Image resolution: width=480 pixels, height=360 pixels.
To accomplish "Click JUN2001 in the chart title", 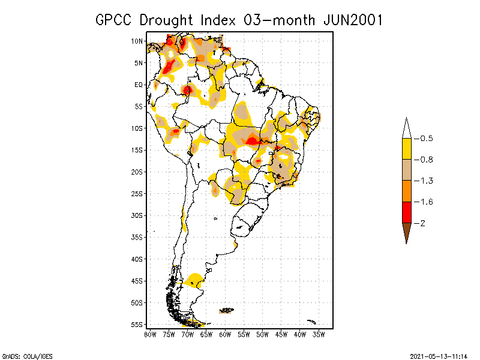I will coord(350,20).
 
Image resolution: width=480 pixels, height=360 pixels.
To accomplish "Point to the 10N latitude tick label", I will coord(137,41).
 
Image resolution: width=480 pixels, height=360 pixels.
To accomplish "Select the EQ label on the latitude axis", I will coord(139,85).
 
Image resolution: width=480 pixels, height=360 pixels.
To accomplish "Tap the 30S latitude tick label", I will coord(137,215).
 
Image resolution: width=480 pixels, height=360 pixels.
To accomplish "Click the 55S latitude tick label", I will coord(137,324).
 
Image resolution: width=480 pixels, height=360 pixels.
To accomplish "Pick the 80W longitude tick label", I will coord(150,334).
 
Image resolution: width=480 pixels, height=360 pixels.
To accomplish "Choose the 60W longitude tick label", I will coord(225,334).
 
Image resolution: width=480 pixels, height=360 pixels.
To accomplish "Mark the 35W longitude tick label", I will coord(319,334).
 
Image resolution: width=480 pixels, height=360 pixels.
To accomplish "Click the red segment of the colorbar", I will coord(406,212).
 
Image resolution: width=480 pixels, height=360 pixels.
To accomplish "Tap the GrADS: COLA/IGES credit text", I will coord(27,356).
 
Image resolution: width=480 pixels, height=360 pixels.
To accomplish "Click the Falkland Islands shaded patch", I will coord(226,310).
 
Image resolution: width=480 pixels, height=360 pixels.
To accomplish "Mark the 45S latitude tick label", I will coord(137,281).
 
